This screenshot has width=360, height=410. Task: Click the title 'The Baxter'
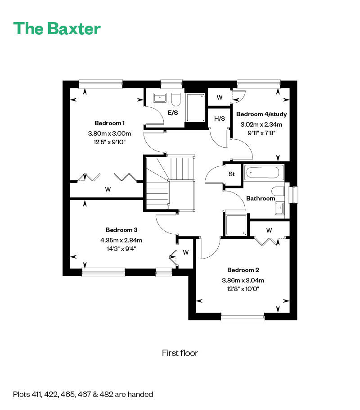click(57, 28)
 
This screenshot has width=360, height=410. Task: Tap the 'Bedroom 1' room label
click(109, 123)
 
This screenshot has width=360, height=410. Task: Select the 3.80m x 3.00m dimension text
click(109, 133)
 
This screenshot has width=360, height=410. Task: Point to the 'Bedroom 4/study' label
click(261, 114)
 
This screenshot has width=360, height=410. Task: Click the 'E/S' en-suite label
click(173, 113)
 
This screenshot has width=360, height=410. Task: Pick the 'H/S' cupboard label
click(220, 118)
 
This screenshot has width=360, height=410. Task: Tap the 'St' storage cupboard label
click(231, 174)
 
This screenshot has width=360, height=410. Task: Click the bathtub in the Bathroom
click(264, 172)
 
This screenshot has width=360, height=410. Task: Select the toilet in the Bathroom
click(278, 191)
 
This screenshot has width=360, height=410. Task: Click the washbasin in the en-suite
click(160, 98)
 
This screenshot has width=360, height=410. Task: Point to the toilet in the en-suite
click(176, 100)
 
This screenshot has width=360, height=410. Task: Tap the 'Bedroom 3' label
click(121, 230)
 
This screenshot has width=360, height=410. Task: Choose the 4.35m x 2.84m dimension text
click(121, 240)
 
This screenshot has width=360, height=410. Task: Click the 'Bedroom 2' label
click(243, 270)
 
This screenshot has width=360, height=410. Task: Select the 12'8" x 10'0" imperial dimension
click(243, 289)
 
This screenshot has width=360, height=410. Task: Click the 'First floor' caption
click(180, 353)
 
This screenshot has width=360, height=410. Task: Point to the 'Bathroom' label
click(261, 198)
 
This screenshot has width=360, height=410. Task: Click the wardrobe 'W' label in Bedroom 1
click(108, 189)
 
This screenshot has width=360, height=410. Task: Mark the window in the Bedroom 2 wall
click(243, 316)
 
